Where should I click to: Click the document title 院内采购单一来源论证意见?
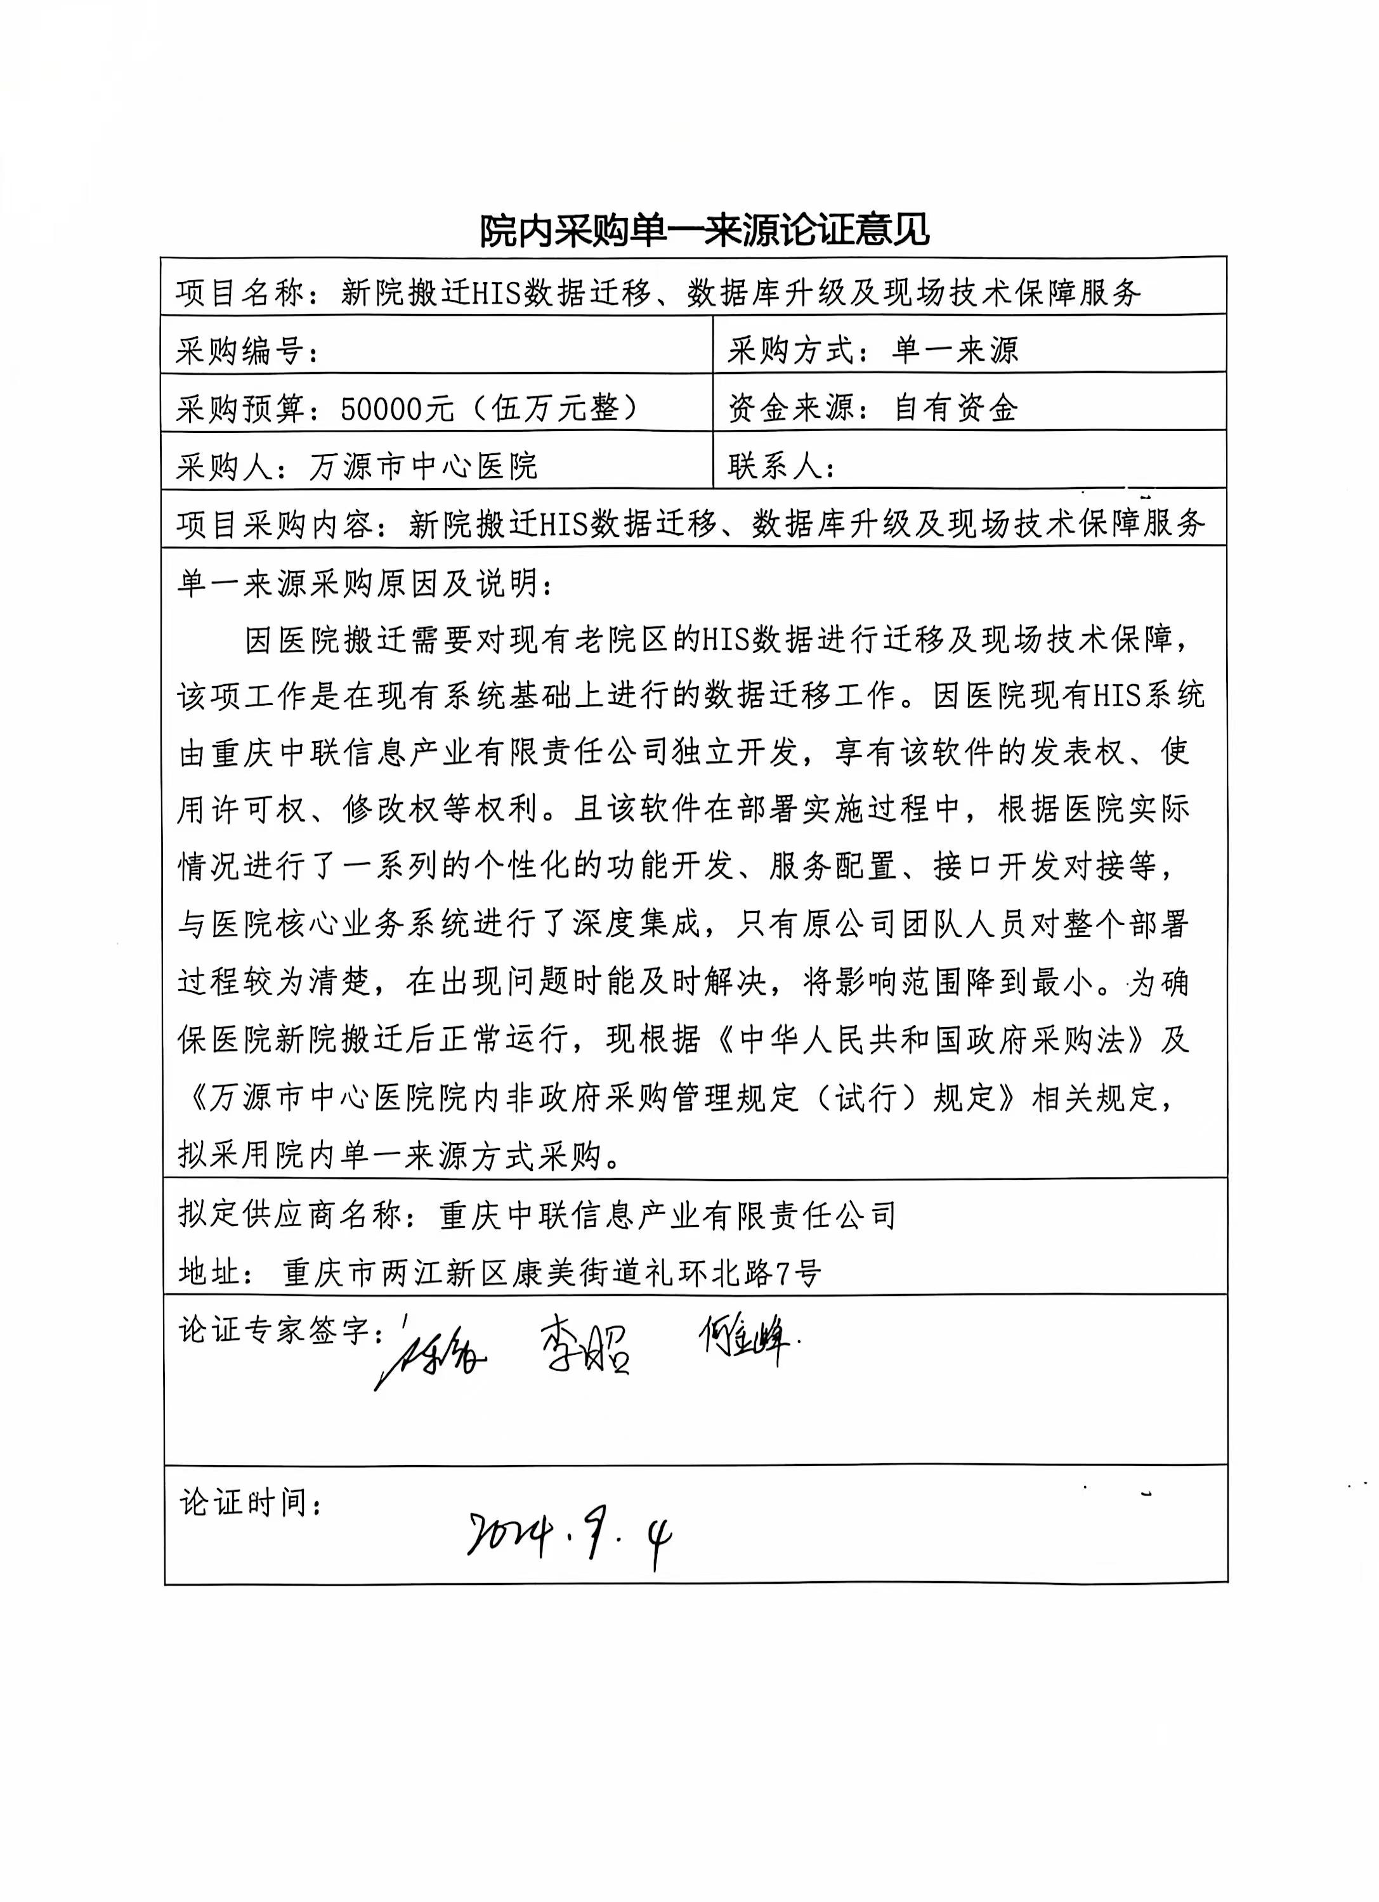coord(705,230)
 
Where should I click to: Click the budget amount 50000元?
coord(396,408)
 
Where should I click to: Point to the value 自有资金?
coord(957,408)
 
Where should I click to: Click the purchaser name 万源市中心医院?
coord(424,466)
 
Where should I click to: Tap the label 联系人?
coord(775,466)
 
